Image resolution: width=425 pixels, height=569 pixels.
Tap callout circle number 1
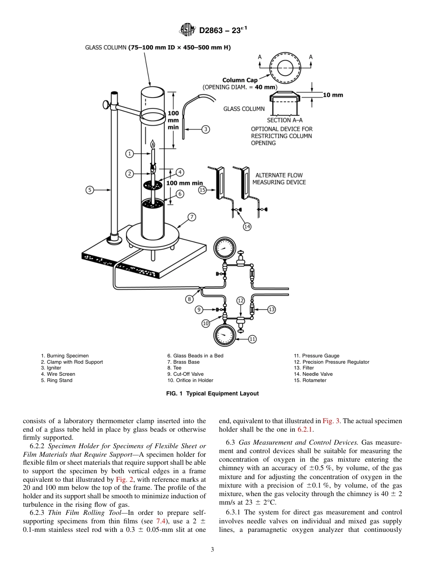(x=129, y=154)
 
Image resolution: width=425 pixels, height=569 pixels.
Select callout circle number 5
(x=89, y=190)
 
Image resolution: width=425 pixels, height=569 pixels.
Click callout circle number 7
(x=191, y=217)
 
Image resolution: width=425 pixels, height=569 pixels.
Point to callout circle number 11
(x=252, y=339)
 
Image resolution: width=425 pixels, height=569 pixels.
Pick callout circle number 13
(x=271, y=309)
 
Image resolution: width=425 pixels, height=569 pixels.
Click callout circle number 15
(x=202, y=190)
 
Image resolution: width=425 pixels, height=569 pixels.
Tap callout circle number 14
(x=247, y=227)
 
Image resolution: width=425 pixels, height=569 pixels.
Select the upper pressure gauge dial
(x=223, y=248)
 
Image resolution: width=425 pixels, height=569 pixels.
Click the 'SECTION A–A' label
(x=285, y=120)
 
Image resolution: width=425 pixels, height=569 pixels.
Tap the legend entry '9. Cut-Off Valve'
(x=185, y=374)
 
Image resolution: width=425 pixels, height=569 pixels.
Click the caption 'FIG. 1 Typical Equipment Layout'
(x=212, y=394)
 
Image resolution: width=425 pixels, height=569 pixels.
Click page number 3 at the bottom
(x=212, y=549)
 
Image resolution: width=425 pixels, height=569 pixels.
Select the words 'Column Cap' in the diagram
(x=239, y=81)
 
